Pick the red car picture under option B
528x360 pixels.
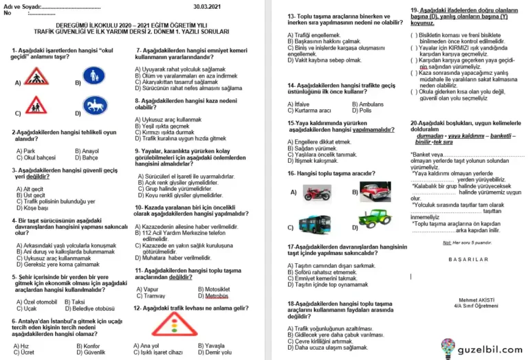click(375, 192)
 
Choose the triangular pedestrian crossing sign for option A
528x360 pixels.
click(36, 76)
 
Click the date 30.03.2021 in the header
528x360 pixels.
click(208, 6)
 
